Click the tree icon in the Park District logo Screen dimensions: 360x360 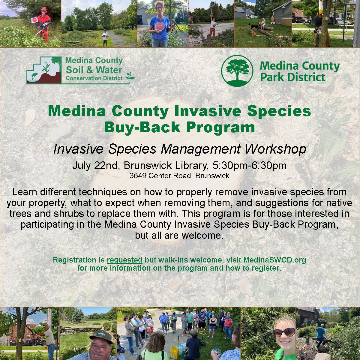click(x=237, y=71)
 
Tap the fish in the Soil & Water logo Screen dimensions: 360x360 click(x=34, y=76)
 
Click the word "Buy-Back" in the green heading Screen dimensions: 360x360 click(x=142, y=127)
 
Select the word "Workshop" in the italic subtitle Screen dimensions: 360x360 click(x=276, y=149)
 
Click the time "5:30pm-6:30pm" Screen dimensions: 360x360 click(x=250, y=166)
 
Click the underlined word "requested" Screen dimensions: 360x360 click(x=124, y=260)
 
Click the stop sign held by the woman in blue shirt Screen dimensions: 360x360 click(x=160, y=26)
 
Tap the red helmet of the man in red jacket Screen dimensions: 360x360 click(x=44, y=9)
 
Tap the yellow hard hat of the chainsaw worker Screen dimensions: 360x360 click(x=321, y=12)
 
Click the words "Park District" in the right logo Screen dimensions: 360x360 click(x=293, y=77)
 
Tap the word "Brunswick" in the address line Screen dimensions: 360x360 click(x=212, y=175)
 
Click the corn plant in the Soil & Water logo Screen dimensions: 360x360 click(x=46, y=67)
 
